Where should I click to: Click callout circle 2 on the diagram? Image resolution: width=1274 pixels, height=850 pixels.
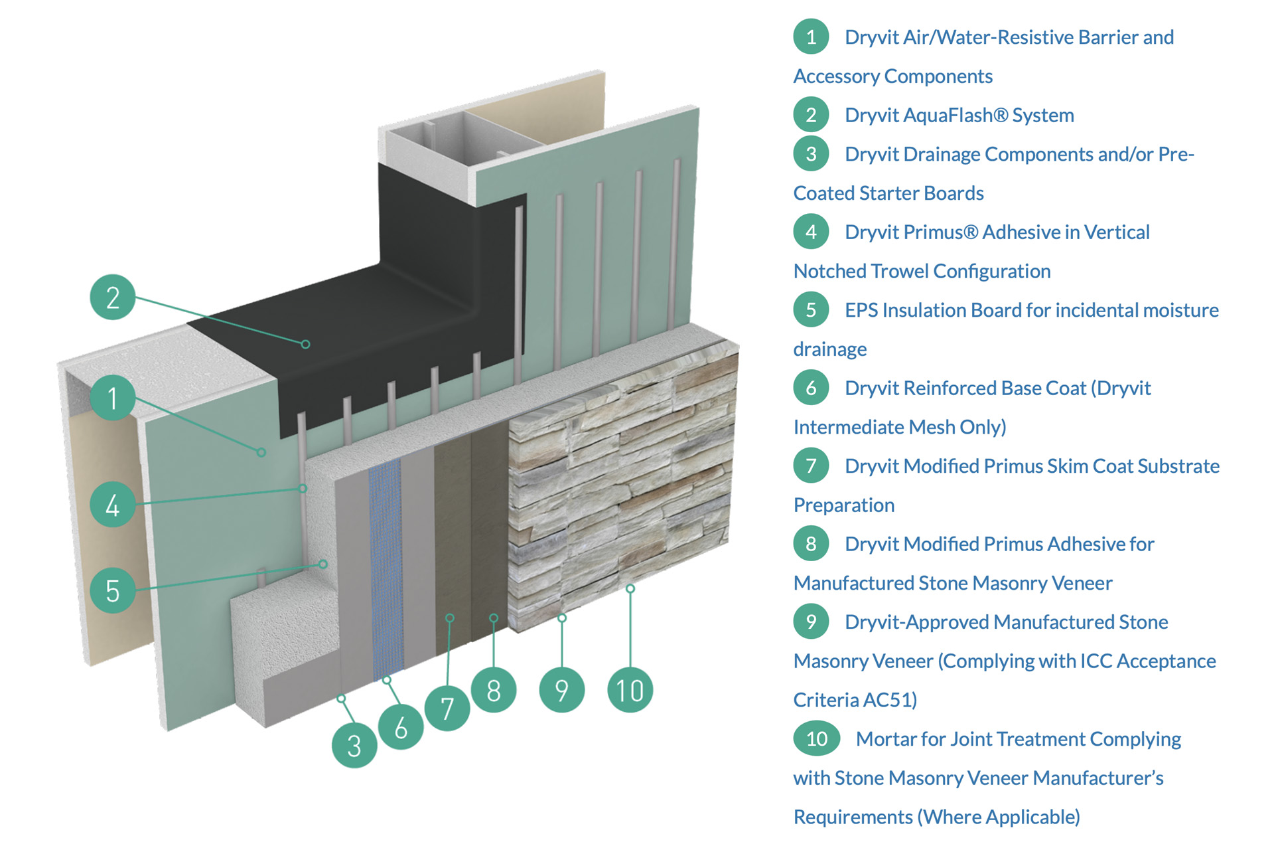(x=113, y=297)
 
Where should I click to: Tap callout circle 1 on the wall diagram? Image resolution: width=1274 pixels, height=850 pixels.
(x=113, y=397)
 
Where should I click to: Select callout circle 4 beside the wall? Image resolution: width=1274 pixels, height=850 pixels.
(x=113, y=505)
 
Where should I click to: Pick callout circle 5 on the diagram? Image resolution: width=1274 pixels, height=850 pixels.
(x=113, y=590)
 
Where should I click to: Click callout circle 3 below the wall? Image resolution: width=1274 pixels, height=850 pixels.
(x=354, y=745)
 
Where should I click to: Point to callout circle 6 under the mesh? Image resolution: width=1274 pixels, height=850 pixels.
(x=401, y=727)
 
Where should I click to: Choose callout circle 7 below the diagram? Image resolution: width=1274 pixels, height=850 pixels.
(x=447, y=708)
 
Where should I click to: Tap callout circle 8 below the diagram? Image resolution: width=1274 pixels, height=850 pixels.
(x=494, y=691)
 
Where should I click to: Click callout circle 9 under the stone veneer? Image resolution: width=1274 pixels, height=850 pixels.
(x=562, y=691)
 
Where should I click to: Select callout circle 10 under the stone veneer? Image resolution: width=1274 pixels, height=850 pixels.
(x=630, y=691)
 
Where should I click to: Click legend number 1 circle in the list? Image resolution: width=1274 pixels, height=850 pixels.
(x=811, y=37)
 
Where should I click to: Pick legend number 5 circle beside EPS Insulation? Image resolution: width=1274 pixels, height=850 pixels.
(x=811, y=310)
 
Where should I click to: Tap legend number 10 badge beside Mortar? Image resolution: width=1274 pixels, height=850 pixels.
(x=817, y=738)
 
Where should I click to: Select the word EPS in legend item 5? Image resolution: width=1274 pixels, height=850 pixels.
(x=861, y=310)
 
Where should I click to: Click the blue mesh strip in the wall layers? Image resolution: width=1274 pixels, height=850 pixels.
(x=386, y=564)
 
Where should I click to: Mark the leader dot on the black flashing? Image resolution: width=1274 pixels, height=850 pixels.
(x=305, y=344)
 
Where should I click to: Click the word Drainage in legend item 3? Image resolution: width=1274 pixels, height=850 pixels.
(x=942, y=154)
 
